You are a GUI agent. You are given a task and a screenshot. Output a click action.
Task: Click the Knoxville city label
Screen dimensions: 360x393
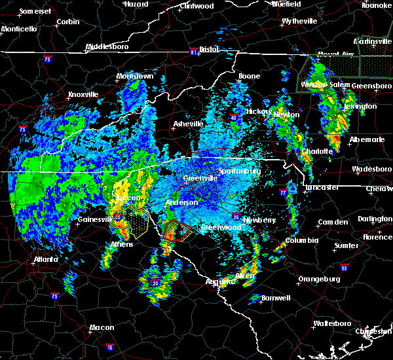point(83,94)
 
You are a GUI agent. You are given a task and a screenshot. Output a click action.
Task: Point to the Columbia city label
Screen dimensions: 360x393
point(301,240)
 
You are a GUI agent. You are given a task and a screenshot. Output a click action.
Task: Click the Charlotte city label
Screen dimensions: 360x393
point(317,151)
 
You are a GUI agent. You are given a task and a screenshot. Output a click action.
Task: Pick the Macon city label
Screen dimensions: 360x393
point(102,327)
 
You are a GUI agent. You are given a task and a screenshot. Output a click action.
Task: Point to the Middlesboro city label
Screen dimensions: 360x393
point(108,47)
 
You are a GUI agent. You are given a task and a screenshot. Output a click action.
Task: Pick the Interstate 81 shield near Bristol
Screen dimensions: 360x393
point(194,50)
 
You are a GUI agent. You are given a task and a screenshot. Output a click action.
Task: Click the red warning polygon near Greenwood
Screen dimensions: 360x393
point(176,231)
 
